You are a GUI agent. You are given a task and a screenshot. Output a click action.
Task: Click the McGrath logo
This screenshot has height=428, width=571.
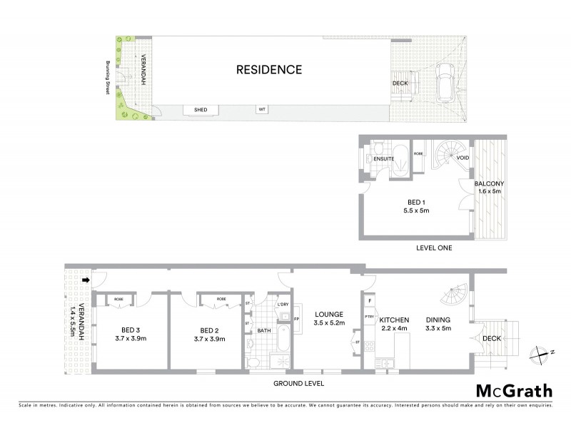(514, 390)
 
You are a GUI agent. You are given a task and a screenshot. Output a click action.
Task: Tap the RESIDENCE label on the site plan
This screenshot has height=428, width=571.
(269, 70)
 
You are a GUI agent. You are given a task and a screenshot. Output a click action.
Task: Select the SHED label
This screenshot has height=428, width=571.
(201, 110)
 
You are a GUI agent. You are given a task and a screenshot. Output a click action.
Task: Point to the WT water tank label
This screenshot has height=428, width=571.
(263, 110)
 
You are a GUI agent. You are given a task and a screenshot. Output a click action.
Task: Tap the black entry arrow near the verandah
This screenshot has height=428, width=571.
(86, 280)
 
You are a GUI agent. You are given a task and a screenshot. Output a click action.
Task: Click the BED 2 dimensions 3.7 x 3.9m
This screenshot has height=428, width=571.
(208, 339)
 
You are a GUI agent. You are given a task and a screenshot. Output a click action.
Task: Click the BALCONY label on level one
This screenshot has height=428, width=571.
(490, 185)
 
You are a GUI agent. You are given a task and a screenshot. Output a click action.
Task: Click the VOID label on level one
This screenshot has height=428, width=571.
(463, 158)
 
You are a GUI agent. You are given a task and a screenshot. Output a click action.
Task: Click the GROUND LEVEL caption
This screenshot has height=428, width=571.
(298, 383)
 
